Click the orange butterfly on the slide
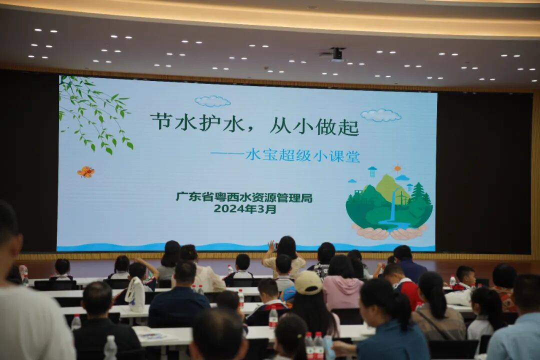coord(85,172)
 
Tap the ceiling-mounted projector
coord(336,54)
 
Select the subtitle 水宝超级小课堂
coord(302,156)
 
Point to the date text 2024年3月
coord(244,209)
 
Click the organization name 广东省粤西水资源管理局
coord(243,197)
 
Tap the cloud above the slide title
coord(212,101)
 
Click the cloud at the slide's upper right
coord(380,115)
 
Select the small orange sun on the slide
coord(397,168)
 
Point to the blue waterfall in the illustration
coord(392,210)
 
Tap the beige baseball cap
coord(307,282)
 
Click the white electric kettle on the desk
coord(135,294)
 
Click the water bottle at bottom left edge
coord(110,348)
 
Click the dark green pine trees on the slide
coord(419,194)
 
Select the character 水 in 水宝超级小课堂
coord(252,156)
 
